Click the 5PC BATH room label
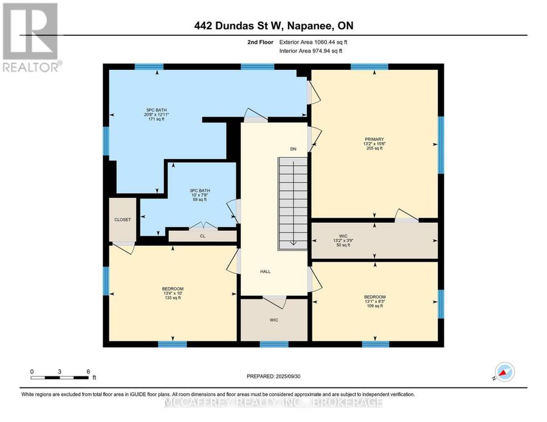click(156, 110)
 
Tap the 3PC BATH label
click(200, 191)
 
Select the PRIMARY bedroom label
click(374, 140)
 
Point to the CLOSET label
click(122, 220)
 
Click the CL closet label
click(202, 236)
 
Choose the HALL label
click(265, 271)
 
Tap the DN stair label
click(294, 149)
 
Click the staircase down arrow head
click(294, 243)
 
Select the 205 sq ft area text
click(374, 148)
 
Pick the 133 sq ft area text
click(173, 298)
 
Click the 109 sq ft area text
click(375, 305)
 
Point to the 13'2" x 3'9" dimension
click(343, 240)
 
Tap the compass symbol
click(504, 372)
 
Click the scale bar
click(60, 378)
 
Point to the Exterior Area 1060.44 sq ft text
click(313, 42)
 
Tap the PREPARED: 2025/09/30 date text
click(273, 376)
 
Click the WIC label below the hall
click(274, 320)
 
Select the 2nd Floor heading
click(260, 42)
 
